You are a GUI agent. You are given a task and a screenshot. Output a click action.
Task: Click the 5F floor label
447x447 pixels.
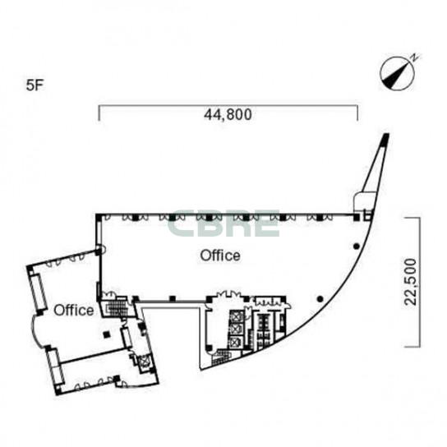point(35,85)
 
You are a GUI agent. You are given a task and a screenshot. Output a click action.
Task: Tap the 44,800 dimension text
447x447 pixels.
point(228,114)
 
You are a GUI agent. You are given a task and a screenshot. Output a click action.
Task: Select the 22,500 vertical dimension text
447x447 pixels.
point(411,282)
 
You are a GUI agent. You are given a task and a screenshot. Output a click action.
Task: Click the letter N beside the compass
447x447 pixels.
point(415,58)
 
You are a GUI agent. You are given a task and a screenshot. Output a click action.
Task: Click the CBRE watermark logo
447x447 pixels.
point(223,223)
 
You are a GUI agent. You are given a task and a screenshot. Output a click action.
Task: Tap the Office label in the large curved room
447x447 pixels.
point(220,256)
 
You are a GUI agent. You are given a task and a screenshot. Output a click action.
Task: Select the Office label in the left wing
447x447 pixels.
point(74,310)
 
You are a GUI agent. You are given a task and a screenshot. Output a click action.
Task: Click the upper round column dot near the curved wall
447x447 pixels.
point(356,246)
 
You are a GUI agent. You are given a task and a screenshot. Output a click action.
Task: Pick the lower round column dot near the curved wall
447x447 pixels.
point(320,299)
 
